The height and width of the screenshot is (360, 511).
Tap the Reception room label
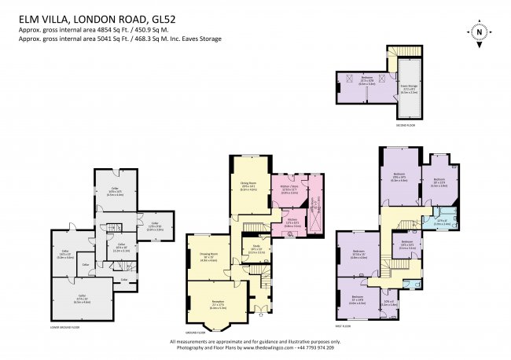[217, 303]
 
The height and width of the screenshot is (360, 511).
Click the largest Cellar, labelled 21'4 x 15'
[82, 299]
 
